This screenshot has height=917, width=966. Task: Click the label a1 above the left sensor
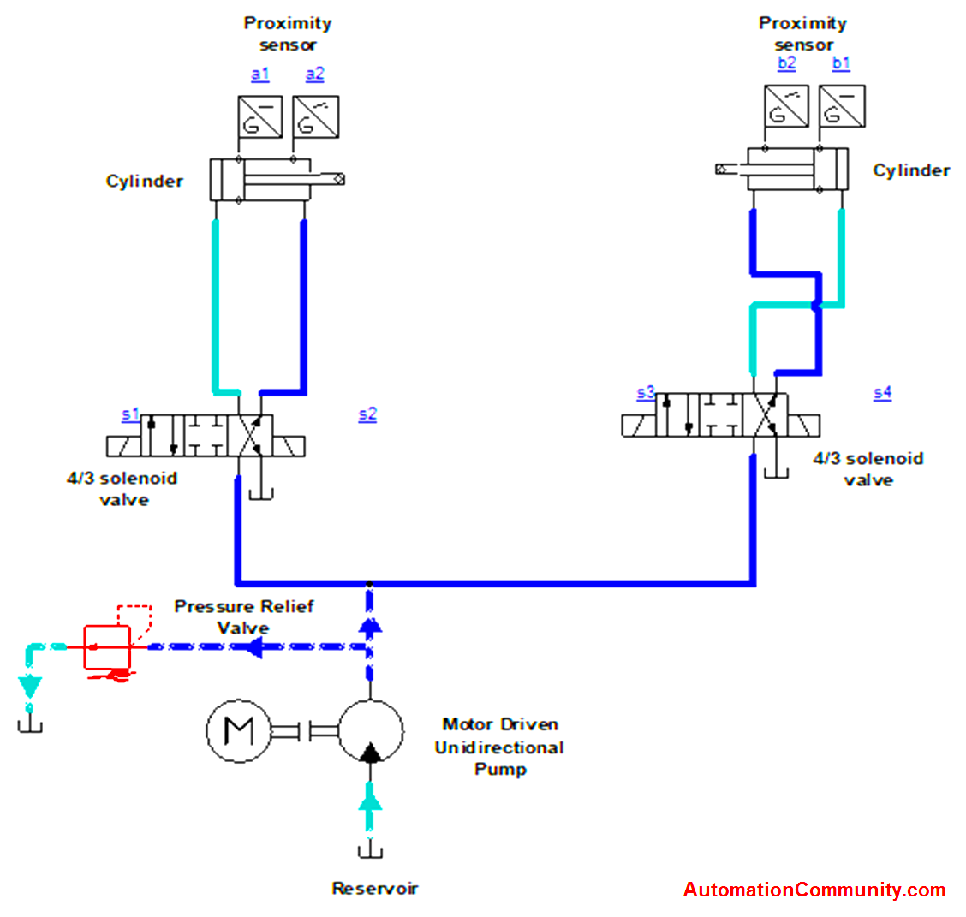260,74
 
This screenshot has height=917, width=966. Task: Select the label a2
315,74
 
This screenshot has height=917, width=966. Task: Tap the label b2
786,63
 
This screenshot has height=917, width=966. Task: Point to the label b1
841,63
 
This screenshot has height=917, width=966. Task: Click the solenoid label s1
129,414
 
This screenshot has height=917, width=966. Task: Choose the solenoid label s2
367,414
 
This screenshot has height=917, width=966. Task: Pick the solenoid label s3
646,393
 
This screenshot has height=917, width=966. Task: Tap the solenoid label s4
882,393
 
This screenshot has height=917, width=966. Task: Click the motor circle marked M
238,731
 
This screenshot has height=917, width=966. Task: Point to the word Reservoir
375,889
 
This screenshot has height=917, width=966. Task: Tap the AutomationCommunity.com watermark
814,890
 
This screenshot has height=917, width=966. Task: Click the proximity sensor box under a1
259,116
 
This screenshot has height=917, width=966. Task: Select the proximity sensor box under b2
786,106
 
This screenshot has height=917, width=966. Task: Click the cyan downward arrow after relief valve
31,686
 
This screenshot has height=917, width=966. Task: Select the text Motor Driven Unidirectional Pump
499,747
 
